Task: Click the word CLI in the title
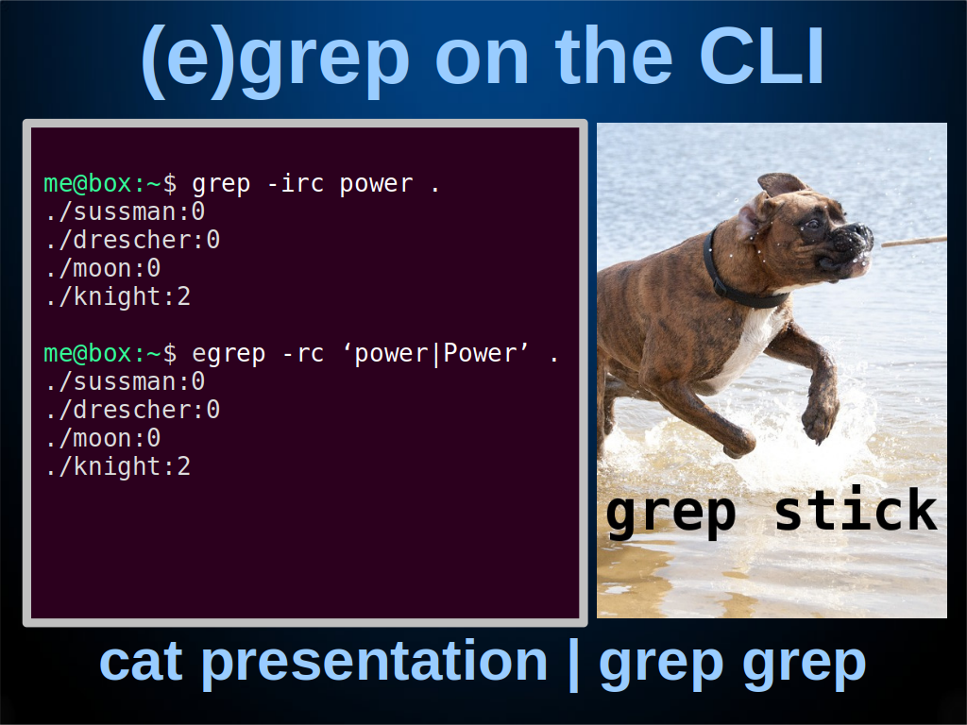[762, 57]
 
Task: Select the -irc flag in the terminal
[296, 184]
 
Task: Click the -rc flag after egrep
[303, 354]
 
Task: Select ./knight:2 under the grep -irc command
[118, 297]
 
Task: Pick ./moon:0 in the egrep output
[103, 438]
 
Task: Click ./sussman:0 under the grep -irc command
[126, 212]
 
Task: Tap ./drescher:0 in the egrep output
[132, 410]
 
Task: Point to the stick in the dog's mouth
[913, 241]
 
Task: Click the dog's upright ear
[781, 184]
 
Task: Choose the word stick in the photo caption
[856, 510]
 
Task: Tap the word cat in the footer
[142, 662]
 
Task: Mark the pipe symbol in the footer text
[573, 666]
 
